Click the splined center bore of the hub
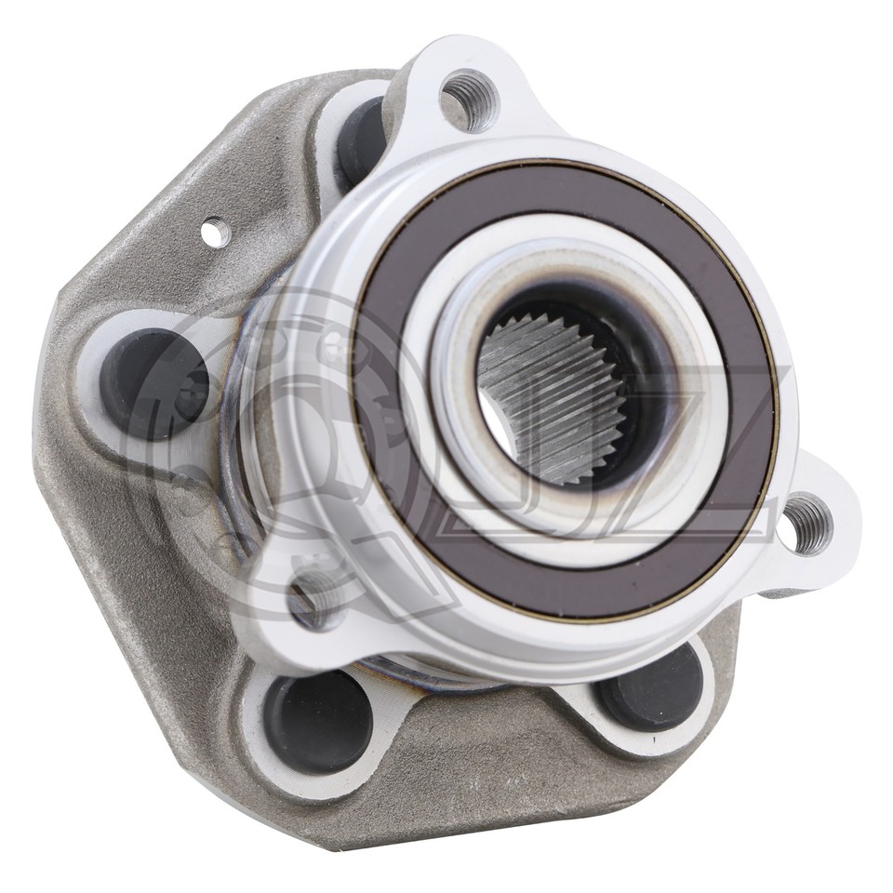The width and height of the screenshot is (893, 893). click(558, 391)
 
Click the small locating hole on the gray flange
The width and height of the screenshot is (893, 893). click(215, 227)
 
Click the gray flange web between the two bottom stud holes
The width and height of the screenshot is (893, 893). click(484, 753)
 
